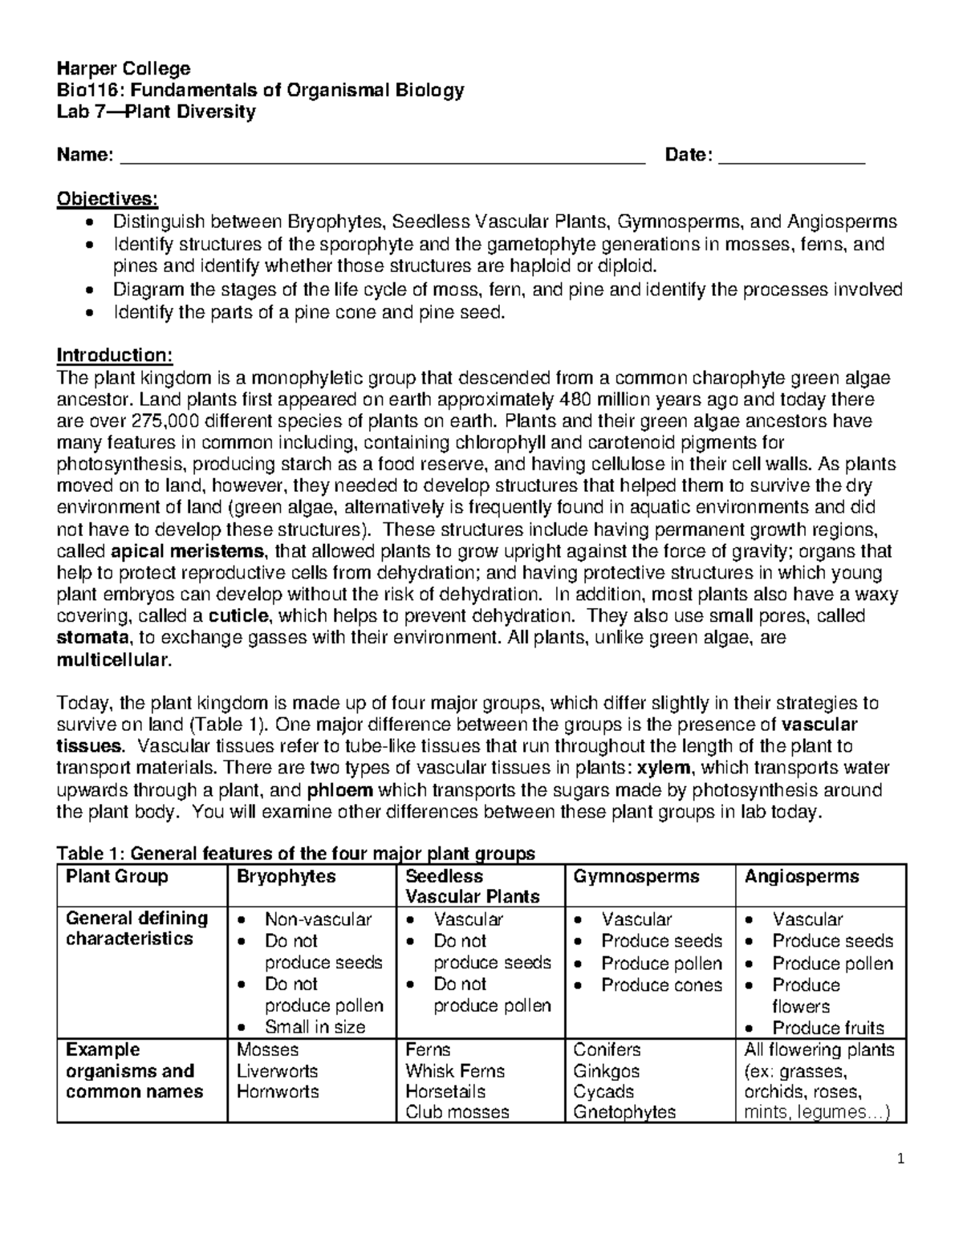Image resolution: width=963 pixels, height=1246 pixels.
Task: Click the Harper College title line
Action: point(123,68)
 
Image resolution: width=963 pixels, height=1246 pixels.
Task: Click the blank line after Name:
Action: point(382,157)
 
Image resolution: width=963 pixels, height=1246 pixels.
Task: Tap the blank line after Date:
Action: point(791,157)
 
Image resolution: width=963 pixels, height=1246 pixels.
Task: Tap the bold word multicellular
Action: point(112,660)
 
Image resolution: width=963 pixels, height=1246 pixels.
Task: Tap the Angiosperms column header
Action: point(802,876)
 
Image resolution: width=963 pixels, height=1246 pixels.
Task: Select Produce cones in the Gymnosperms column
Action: point(661,984)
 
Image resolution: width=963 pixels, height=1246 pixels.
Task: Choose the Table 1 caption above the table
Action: point(295,853)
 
